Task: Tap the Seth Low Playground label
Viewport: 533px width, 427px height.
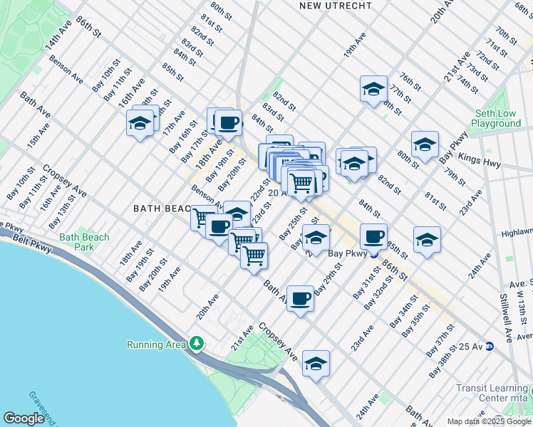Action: (x=499, y=118)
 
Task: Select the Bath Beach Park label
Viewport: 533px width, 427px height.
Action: (x=85, y=242)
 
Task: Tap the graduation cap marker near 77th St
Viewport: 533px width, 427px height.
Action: (x=373, y=89)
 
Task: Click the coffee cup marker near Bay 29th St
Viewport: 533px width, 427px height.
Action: (x=301, y=298)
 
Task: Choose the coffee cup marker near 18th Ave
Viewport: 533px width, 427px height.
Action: (x=229, y=122)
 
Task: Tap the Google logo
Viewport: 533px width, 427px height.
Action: (x=24, y=418)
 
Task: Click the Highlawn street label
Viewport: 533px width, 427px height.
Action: (x=517, y=232)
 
